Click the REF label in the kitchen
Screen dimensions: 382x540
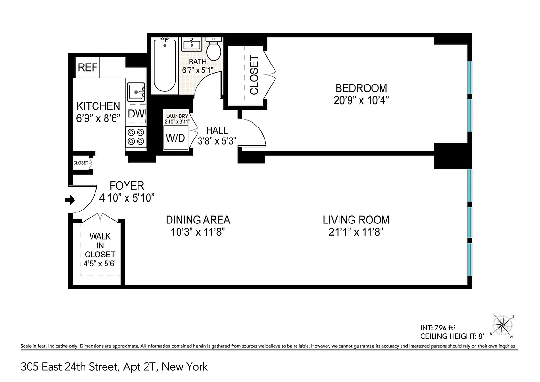click(87, 68)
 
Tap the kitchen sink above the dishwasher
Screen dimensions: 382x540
click(136, 91)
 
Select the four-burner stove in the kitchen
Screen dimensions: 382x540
click(135, 138)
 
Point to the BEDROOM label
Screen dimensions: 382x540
click(361, 88)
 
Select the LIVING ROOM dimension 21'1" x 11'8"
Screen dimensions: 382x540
click(356, 233)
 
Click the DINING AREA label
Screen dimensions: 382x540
click(198, 220)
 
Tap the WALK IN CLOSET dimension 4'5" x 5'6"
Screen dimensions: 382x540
click(100, 264)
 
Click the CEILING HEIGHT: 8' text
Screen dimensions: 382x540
click(449, 336)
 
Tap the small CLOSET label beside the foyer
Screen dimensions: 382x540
click(81, 163)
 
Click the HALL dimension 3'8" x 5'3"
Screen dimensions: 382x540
click(217, 140)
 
